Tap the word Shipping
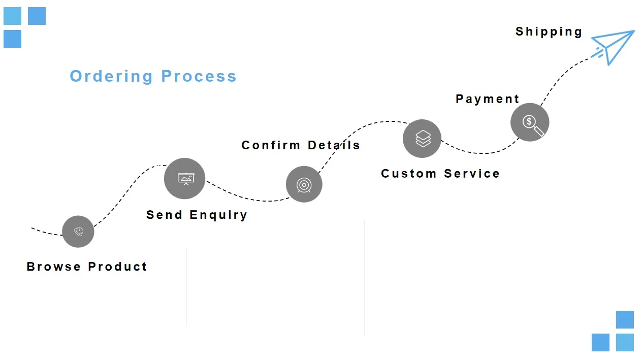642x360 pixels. (x=549, y=31)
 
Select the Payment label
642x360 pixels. (x=487, y=99)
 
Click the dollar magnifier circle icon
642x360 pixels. (x=530, y=122)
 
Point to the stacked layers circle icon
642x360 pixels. (x=422, y=139)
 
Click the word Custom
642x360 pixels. (x=408, y=174)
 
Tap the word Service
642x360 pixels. (x=472, y=174)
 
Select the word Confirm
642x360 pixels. (x=271, y=145)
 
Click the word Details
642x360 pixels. (x=334, y=145)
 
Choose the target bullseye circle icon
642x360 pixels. (x=304, y=184)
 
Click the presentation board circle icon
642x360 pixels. (x=184, y=178)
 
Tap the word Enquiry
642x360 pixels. (x=218, y=215)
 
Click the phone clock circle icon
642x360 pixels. (x=78, y=232)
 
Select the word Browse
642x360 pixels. (x=54, y=267)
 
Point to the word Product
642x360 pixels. (x=117, y=267)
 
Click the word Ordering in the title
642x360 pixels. (x=111, y=76)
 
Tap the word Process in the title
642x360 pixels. (x=199, y=76)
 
